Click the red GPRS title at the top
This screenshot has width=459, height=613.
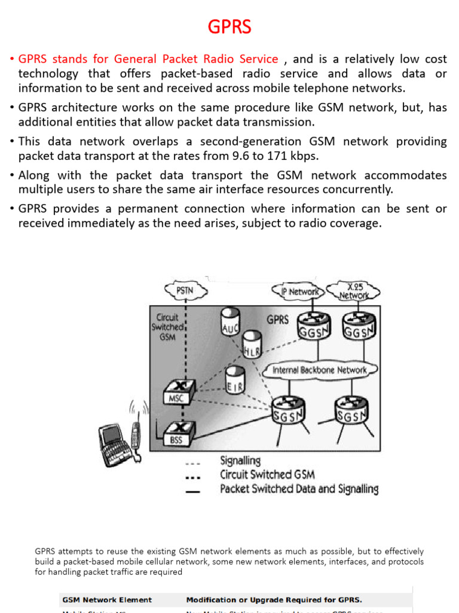[x=229, y=27]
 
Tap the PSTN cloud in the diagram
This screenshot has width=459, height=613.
[x=185, y=292]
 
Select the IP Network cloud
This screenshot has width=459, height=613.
[x=301, y=292]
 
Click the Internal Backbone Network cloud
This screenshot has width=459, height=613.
[x=319, y=370]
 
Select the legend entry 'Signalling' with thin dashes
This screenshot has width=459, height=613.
[x=240, y=461]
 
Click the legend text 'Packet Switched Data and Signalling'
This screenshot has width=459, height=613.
[x=299, y=489]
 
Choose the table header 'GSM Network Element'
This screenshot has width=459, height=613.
[x=106, y=599]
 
